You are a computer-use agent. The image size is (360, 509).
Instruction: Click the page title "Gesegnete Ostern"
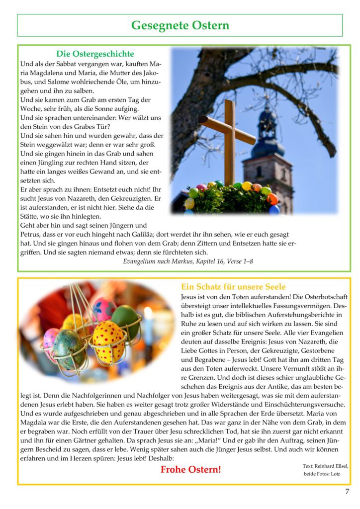pos(180,25)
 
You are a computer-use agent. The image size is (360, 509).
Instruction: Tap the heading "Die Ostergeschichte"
pos(95,54)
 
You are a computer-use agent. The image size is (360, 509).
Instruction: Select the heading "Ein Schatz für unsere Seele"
pos(233,287)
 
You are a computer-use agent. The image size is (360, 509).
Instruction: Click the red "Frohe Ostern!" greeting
pos(190,469)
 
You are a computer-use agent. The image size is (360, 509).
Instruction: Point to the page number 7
pos(347,492)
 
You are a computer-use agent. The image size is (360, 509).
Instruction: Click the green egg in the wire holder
pos(125,321)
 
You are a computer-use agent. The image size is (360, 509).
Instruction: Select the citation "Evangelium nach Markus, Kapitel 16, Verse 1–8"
pos(188,261)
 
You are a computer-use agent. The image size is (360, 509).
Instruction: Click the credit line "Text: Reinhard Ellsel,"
pos(325,466)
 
